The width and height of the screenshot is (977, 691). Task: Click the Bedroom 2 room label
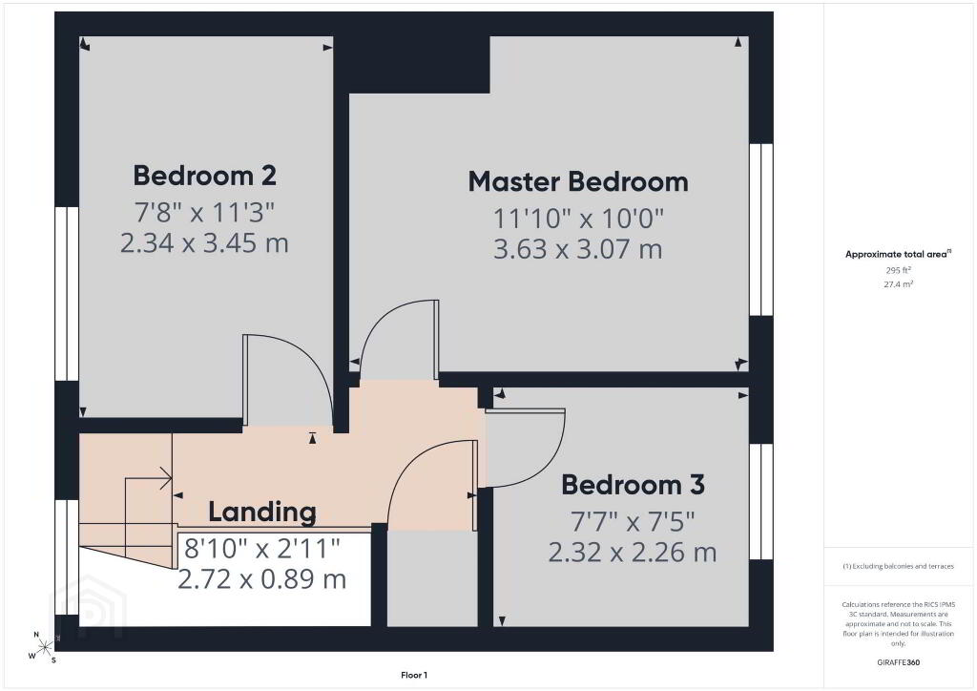click(204, 176)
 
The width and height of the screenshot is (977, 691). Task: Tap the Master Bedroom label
click(578, 182)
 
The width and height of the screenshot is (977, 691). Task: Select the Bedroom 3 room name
click(633, 485)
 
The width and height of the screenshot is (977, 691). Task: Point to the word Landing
click(262, 513)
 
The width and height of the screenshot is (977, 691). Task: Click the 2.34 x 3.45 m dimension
click(204, 243)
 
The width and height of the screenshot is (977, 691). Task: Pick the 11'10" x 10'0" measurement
click(578, 219)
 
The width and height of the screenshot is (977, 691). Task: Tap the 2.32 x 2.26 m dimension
click(633, 552)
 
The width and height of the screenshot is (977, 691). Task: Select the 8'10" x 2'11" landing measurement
click(262, 549)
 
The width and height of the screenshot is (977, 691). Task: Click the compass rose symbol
click(44, 648)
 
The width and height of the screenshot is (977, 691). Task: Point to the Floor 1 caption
click(414, 676)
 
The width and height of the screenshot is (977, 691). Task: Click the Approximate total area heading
click(898, 254)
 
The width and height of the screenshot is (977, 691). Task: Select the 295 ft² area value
click(898, 270)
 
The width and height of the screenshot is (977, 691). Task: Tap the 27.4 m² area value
click(898, 284)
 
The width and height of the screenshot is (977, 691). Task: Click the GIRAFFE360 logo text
click(898, 662)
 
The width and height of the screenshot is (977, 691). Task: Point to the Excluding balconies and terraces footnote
click(898, 566)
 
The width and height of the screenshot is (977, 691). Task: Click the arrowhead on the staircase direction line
click(166, 478)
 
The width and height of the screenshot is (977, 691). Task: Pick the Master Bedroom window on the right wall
click(760, 230)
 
